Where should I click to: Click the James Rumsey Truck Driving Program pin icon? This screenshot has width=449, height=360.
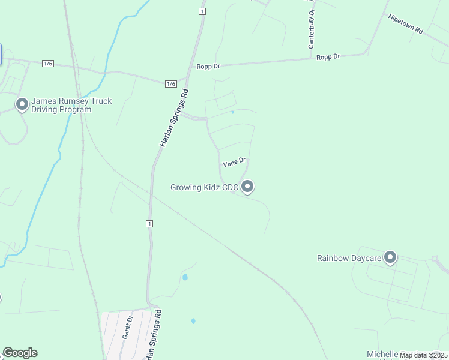[22, 105]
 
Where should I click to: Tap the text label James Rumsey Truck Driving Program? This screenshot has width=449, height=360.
[71, 106]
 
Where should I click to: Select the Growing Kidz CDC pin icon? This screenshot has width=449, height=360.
[247, 187]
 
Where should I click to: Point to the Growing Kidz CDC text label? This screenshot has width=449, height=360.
[205, 188]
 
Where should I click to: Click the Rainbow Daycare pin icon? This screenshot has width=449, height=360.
[390, 257]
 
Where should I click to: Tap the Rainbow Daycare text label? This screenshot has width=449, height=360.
[349, 258]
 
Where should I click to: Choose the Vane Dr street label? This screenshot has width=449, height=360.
[235, 162]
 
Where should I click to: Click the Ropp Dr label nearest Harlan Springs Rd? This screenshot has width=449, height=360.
[208, 66]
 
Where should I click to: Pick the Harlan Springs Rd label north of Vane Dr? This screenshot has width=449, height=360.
[174, 119]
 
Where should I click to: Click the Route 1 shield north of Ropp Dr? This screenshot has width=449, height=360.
[202, 11]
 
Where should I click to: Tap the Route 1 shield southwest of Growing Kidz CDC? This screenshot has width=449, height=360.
[149, 224]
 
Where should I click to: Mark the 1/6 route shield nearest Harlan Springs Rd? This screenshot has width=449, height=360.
[171, 84]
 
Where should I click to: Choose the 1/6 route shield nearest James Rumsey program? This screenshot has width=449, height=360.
[48, 64]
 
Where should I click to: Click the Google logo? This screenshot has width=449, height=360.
[20, 353]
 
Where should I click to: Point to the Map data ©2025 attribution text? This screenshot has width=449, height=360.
[423, 355]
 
